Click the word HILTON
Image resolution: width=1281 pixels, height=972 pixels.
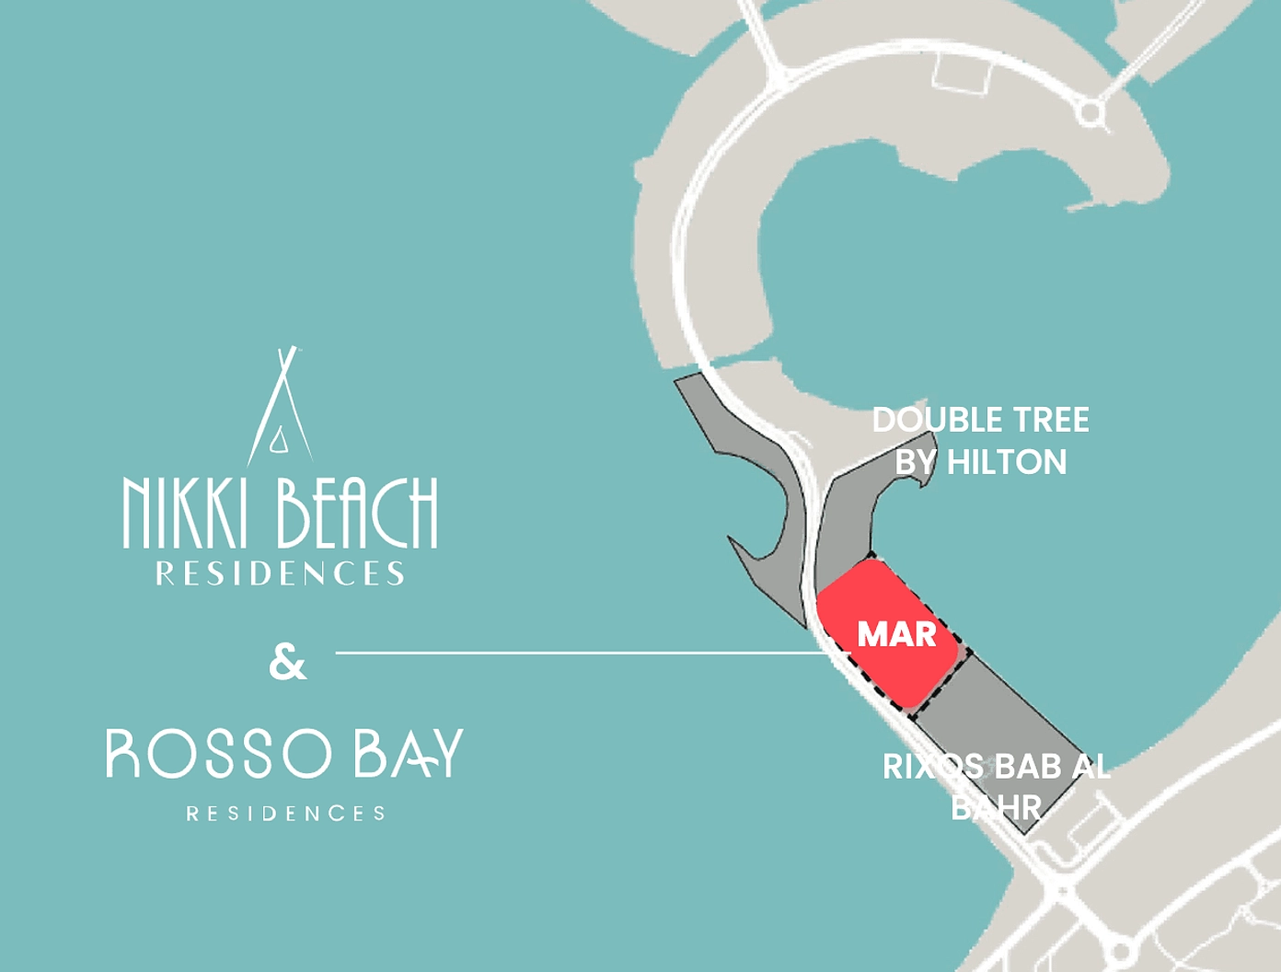1007,462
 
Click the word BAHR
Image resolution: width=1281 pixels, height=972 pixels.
996,808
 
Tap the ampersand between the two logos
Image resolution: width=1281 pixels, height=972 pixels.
287,663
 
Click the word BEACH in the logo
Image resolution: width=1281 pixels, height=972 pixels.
357,513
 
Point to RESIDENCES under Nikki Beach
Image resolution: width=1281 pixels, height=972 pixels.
280,574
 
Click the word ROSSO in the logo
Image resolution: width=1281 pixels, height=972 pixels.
219,754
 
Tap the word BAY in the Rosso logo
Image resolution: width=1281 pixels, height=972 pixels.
409,754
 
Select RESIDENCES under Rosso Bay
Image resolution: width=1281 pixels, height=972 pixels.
285,814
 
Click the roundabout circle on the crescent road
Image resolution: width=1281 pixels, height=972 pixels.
1091,113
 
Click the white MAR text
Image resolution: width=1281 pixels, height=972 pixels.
896,634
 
